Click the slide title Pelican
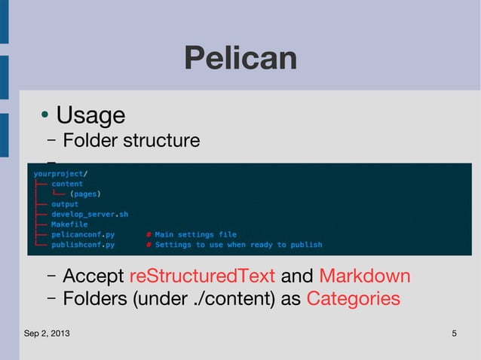pyautogui.click(x=240, y=59)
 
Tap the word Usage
pyautogui.click(x=90, y=115)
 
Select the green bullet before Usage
pyautogui.click(x=45, y=115)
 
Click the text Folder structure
pyautogui.click(x=131, y=140)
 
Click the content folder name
pyautogui.click(x=67, y=184)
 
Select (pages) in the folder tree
pyautogui.click(x=85, y=194)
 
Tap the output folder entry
pyautogui.click(x=65, y=204)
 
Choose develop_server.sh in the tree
pyautogui.click(x=90, y=214)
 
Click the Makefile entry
pyautogui.click(x=69, y=224)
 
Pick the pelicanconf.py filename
pyautogui.click(x=83, y=234)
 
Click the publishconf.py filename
pyautogui.click(x=83, y=244)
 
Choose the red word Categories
pyautogui.click(x=353, y=299)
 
